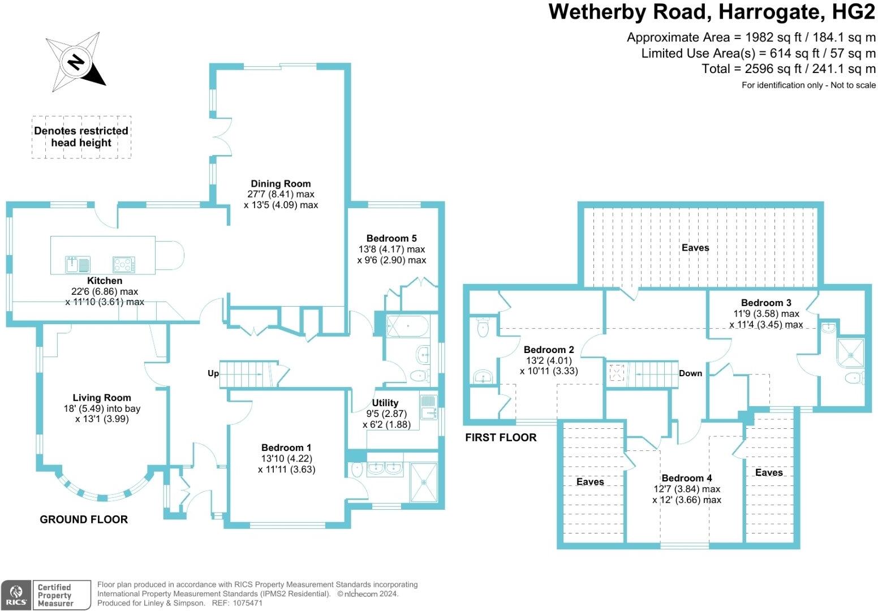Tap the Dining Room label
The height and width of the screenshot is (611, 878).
coord(281,183)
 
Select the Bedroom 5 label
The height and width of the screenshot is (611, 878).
coord(391,238)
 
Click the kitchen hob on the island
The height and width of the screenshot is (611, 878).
coord(124,264)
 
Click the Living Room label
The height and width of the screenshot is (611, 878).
coord(102,398)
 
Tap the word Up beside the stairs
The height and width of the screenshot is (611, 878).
coord(213,373)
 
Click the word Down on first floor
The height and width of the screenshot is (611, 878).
coord(690,373)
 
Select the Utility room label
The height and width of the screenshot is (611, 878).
coord(385,403)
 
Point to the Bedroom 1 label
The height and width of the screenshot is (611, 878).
coord(286,448)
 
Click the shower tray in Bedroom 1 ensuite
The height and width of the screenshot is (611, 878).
coord(424,482)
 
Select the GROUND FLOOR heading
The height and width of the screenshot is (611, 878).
coord(84,519)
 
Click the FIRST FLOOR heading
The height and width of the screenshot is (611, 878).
coord(501,437)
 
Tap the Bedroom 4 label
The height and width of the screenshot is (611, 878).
coord(687,478)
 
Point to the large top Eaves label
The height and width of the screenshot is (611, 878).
coord(695,247)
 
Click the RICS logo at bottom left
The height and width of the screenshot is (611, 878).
coord(16,595)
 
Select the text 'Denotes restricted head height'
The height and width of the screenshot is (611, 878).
coord(81,137)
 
